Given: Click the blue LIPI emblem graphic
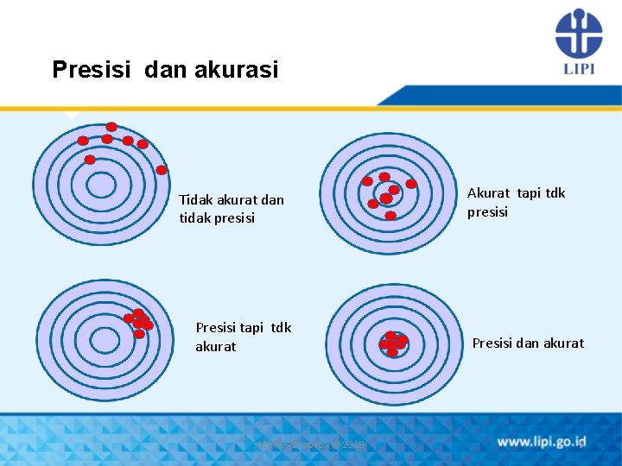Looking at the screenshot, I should (x=578, y=33).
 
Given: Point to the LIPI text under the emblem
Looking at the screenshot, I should (x=578, y=68).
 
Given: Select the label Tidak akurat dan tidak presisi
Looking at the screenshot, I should (x=231, y=209).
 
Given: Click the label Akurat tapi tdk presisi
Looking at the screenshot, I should (x=516, y=202).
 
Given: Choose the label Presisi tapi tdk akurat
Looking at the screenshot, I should (x=243, y=337).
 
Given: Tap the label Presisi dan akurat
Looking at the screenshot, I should (x=527, y=343).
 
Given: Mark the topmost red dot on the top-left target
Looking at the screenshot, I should (x=111, y=127).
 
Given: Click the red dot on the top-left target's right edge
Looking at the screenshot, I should (x=162, y=170).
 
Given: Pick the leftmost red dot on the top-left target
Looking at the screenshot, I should (x=83, y=141).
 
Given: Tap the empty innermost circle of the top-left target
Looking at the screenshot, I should (x=101, y=185).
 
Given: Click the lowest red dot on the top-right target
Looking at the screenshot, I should (x=390, y=215).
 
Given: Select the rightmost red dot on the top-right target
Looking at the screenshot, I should (x=411, y=184).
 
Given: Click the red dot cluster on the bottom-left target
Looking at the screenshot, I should (x=138, y=324).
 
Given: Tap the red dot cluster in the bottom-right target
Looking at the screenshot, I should (x=392, y=343).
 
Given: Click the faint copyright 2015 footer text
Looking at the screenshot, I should (x=311, y=444).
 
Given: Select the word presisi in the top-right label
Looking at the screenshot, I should (x=488, y=211).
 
